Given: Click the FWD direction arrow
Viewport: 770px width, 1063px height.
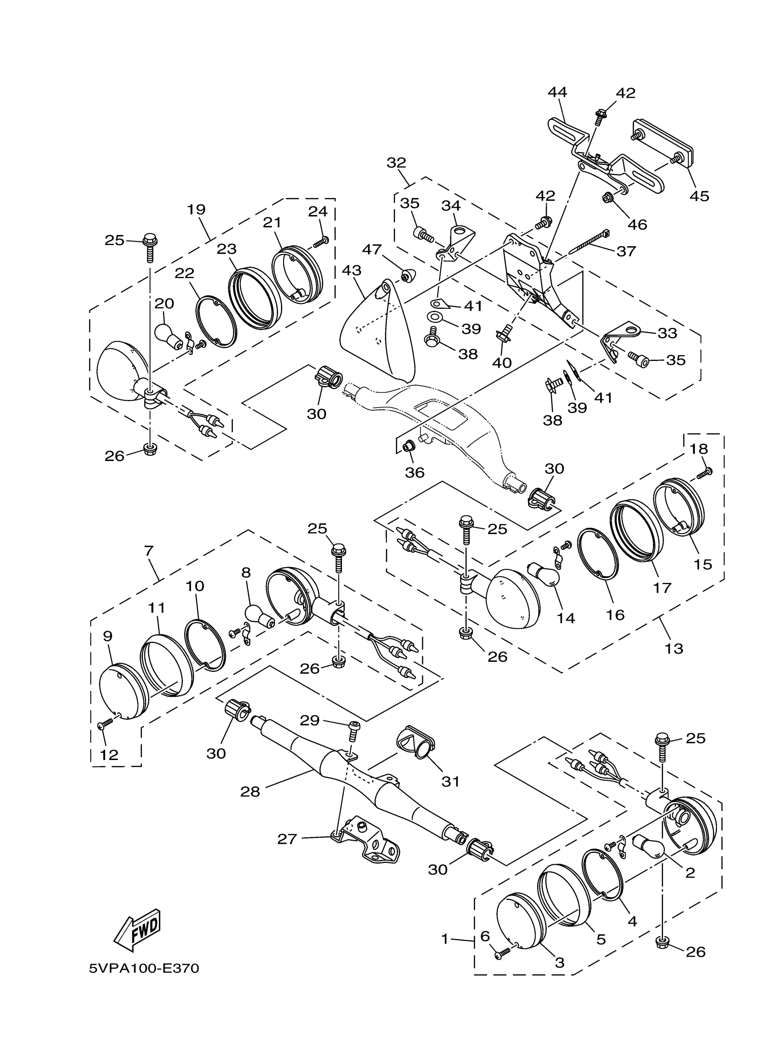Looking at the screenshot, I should click(137, 931).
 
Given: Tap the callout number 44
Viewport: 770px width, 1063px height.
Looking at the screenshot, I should click(557, 92).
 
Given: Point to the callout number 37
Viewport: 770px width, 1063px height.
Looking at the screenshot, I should click(626, 251).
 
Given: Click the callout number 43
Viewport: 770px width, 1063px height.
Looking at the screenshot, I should click(351, 270).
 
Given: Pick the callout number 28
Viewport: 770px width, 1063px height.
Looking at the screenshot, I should click(250, 792).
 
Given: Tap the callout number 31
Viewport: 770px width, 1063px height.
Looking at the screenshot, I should click(450, 781).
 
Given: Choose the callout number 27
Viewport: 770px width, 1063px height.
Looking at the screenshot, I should click(287, 838).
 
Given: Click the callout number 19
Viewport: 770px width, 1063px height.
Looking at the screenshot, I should click(197, 209).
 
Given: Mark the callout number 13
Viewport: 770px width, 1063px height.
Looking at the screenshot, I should click(674, 649).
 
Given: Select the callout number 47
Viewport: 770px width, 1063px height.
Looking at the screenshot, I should click(372, 250).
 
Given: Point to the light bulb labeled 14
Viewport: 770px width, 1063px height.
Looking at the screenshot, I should click(544, 575).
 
